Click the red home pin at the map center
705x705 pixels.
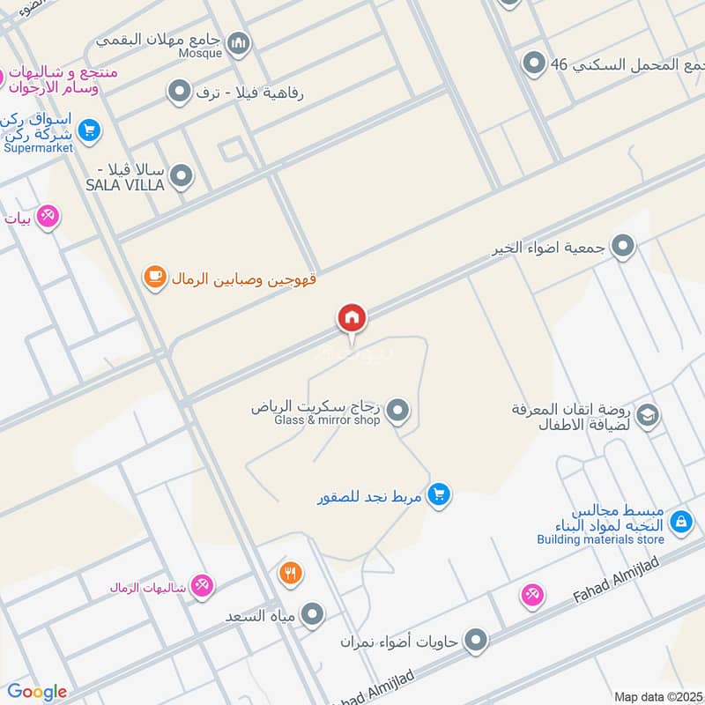pos(352,317)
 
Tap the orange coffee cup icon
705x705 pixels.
pos(155,278)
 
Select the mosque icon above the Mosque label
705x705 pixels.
pos(238,41)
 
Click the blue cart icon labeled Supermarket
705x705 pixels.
pos(88,131)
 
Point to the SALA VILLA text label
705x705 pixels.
pos(125,185)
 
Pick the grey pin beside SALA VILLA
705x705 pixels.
pos(182,176)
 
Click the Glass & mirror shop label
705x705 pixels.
pos(327,420)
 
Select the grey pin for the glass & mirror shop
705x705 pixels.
pos(399,410)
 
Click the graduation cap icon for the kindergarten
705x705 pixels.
pos(648,414)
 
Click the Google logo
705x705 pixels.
pos(37,692)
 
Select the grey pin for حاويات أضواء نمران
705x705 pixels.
pos(476,641)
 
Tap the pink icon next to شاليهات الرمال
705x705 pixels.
pos(202,585)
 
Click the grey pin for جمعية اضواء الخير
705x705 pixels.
pos(623,247)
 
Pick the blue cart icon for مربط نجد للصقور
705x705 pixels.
pos(439,495)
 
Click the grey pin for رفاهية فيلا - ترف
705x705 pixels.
pos(180,91)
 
